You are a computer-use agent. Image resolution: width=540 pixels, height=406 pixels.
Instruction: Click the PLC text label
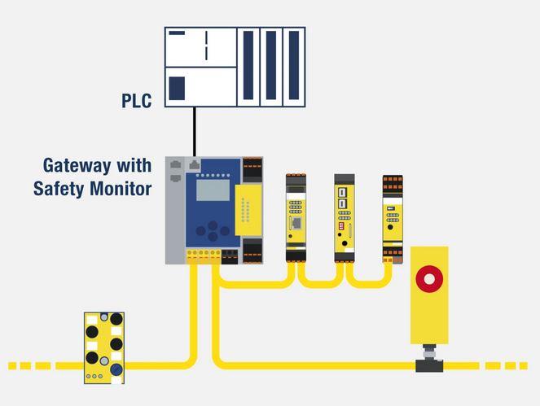tap(136, 100)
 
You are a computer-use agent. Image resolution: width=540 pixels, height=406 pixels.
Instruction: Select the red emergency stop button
tap(429, 279)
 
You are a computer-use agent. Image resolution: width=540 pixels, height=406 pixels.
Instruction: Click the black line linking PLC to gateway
tap(195, 132)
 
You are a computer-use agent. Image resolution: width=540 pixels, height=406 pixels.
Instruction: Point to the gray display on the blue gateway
tap(213, 190)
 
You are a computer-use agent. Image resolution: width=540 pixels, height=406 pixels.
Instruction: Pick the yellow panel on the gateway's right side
tap(248, 210)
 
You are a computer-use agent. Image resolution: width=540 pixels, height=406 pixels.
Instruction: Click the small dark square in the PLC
tap(177, 89)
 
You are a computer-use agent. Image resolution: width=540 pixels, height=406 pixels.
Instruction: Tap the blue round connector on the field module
tap(116, 369)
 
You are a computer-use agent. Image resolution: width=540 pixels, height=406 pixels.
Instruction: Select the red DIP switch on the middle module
tap(341, 225)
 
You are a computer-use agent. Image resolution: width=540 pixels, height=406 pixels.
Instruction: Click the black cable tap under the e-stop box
tap(429, 365)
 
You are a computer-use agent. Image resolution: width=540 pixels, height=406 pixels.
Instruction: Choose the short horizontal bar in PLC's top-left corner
tap(177, 33)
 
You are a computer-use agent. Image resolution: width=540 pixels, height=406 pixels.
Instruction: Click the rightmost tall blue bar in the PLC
tap(294, 65)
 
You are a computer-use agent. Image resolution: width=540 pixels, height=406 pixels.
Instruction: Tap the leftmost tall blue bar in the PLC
tap(248, 65)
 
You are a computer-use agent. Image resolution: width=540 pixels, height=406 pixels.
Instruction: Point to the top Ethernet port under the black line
tap(194, 165)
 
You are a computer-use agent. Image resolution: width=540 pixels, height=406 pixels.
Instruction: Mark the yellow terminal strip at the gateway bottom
tap(204, 257)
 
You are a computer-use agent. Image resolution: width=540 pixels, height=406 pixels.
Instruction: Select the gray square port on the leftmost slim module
tap(296, 224)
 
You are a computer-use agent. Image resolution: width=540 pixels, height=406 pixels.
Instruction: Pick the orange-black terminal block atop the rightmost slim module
tap(393, 183)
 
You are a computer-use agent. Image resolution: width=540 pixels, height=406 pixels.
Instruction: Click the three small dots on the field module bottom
tap(94, 377)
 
